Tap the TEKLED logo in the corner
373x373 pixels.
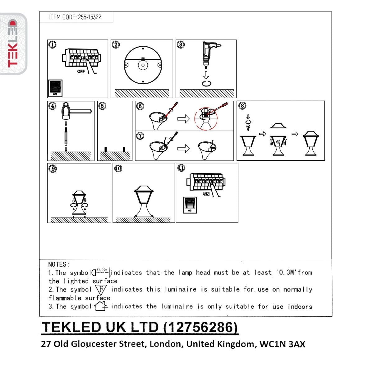[13, 44]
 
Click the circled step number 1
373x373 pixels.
[53, 45]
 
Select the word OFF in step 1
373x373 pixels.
[81, 71]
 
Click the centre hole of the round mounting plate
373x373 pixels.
[142, 65]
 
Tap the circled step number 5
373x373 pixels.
[102, 106]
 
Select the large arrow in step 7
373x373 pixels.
[183, 148]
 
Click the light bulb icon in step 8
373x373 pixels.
[248, 127]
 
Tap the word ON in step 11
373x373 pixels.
[206, 194]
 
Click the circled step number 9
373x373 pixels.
[53, 169]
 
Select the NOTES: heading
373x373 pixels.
[59, 265]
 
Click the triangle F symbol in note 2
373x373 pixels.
[101, 290]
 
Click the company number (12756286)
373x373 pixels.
[200, 327]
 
